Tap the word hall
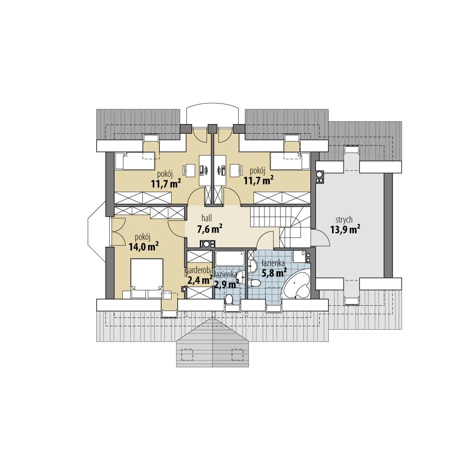[207, 218]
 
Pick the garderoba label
[199, 271]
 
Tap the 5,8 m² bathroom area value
[274, 273]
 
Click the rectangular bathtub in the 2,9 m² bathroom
[229, 260]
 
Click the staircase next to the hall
[278, 220]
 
